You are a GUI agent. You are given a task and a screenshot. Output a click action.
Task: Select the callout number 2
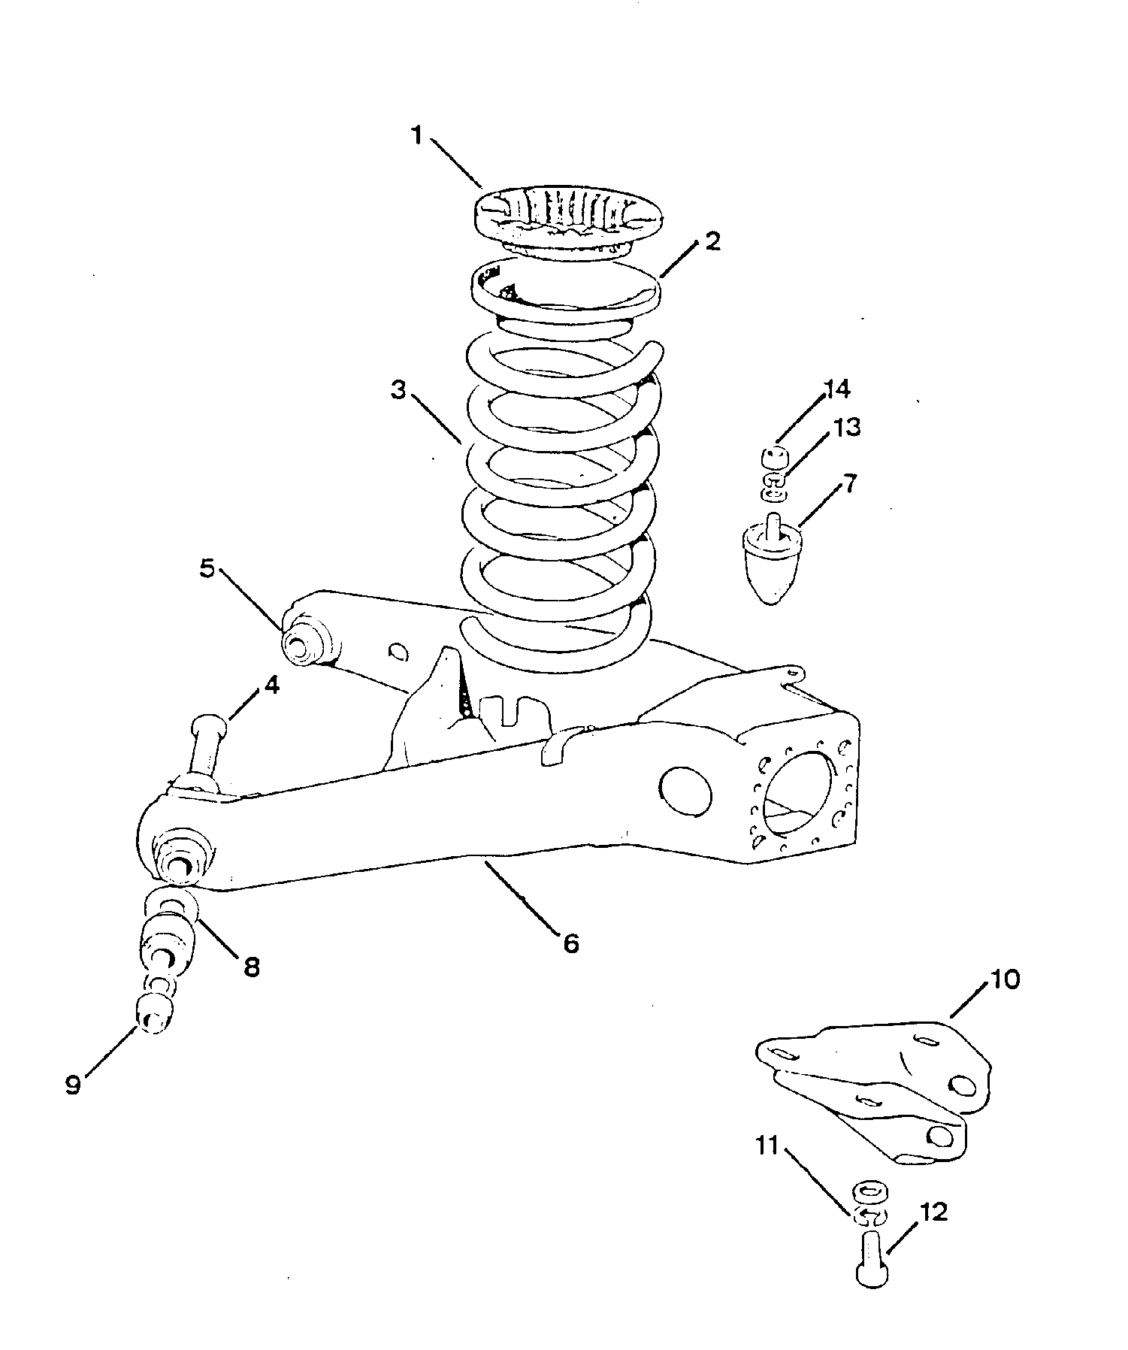point(712,242)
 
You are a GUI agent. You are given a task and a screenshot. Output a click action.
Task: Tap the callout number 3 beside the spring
point(398,391)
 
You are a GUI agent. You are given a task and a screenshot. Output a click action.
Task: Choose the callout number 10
point(1006,980)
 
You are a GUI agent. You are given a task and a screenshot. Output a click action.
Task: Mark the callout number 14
point(836,390)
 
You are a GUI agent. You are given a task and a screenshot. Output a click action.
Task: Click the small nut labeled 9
point(154,1017)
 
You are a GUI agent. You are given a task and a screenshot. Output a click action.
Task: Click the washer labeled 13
point(776,486)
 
